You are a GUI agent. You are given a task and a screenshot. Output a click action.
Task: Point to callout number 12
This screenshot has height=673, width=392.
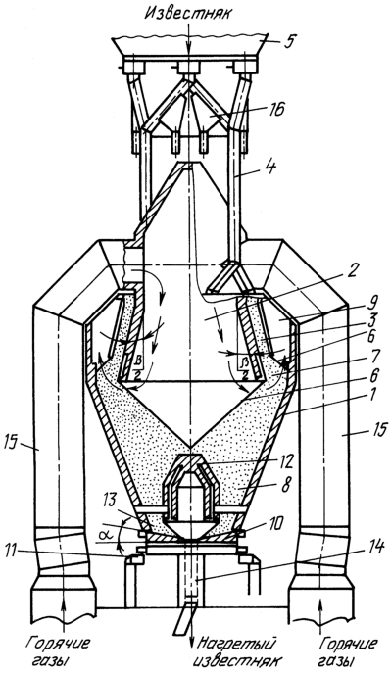point(284,462)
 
